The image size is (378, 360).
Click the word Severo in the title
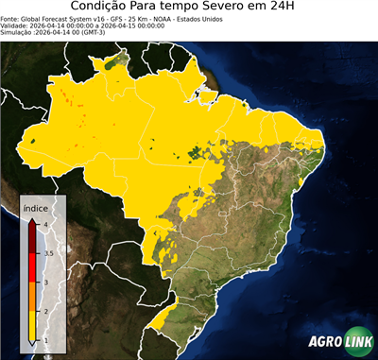tap(229, 7)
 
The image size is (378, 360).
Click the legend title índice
tap(36, 207)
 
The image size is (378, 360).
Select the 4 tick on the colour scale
tap(45, 223)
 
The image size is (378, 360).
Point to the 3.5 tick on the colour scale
tap(47, 252)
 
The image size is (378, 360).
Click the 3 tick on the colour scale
tap(45, 282)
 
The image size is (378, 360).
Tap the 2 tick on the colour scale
tap(45, 311)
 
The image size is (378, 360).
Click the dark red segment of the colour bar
tap(33, 237)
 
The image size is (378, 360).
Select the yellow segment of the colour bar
tap(33, 326)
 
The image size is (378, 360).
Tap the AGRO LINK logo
tap(339, 342)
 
